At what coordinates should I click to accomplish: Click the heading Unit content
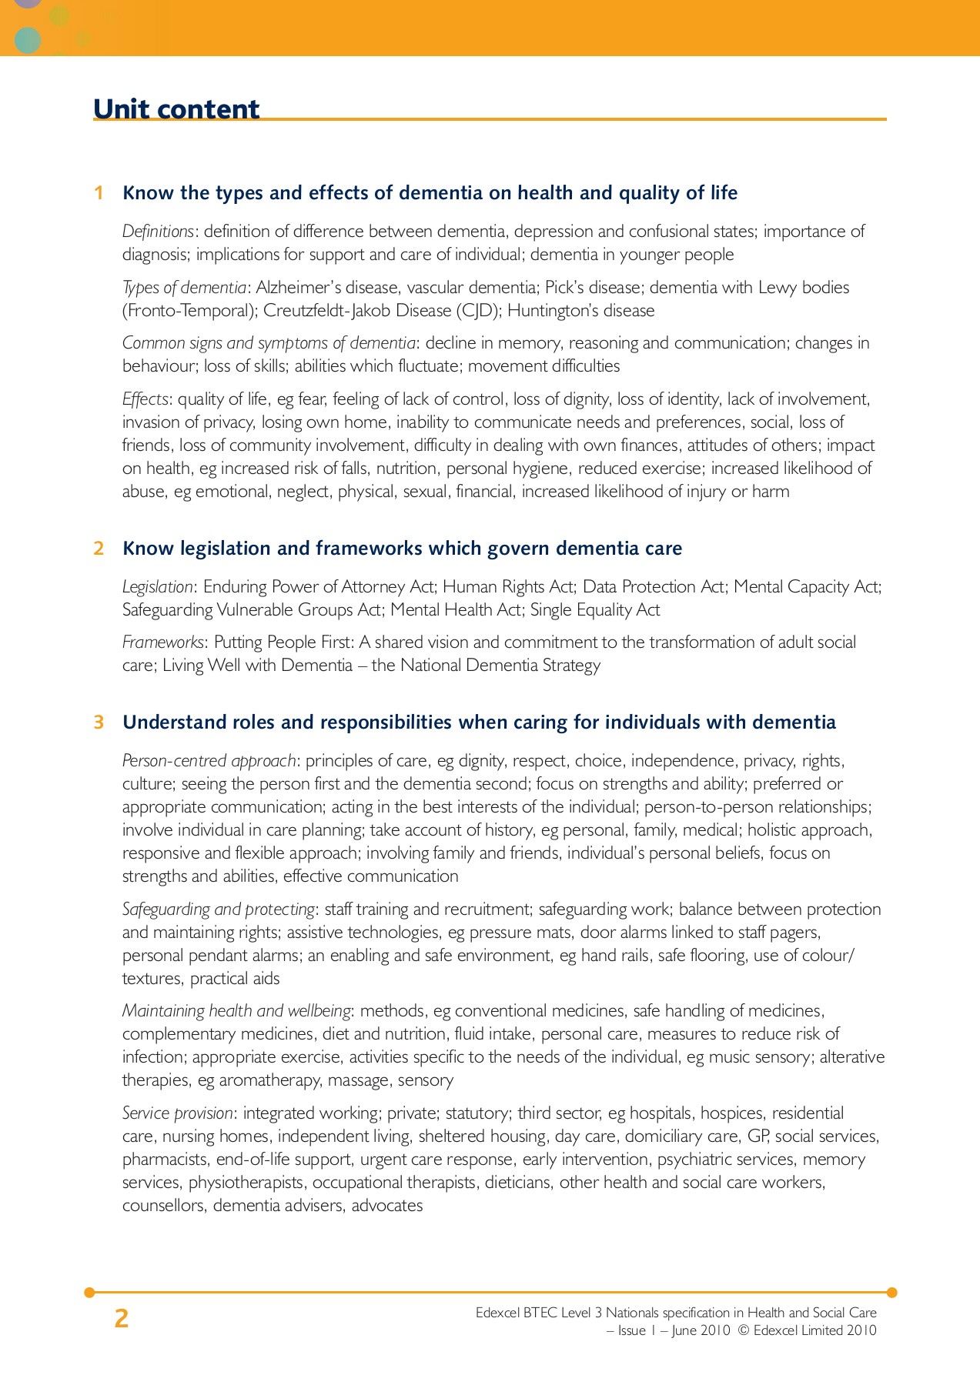(x=176, y=109)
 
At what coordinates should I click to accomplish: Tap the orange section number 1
(x=99, y=193)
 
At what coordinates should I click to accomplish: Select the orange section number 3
(x=99, y=723)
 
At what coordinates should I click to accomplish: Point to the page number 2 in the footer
(x=121, y=1319)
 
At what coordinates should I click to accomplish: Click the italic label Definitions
(x=158, y=232)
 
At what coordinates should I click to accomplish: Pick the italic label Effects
(x=145, y=399)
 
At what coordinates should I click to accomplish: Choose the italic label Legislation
(x=158, y=587)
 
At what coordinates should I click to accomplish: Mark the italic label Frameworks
(x=163, y=642)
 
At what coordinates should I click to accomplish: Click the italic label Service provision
(x=177, y=1113)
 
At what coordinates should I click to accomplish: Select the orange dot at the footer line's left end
(x=89, y=1293)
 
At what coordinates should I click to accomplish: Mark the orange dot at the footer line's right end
(x=891, y=1293)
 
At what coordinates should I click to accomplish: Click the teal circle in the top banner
(x=28, y=40)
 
